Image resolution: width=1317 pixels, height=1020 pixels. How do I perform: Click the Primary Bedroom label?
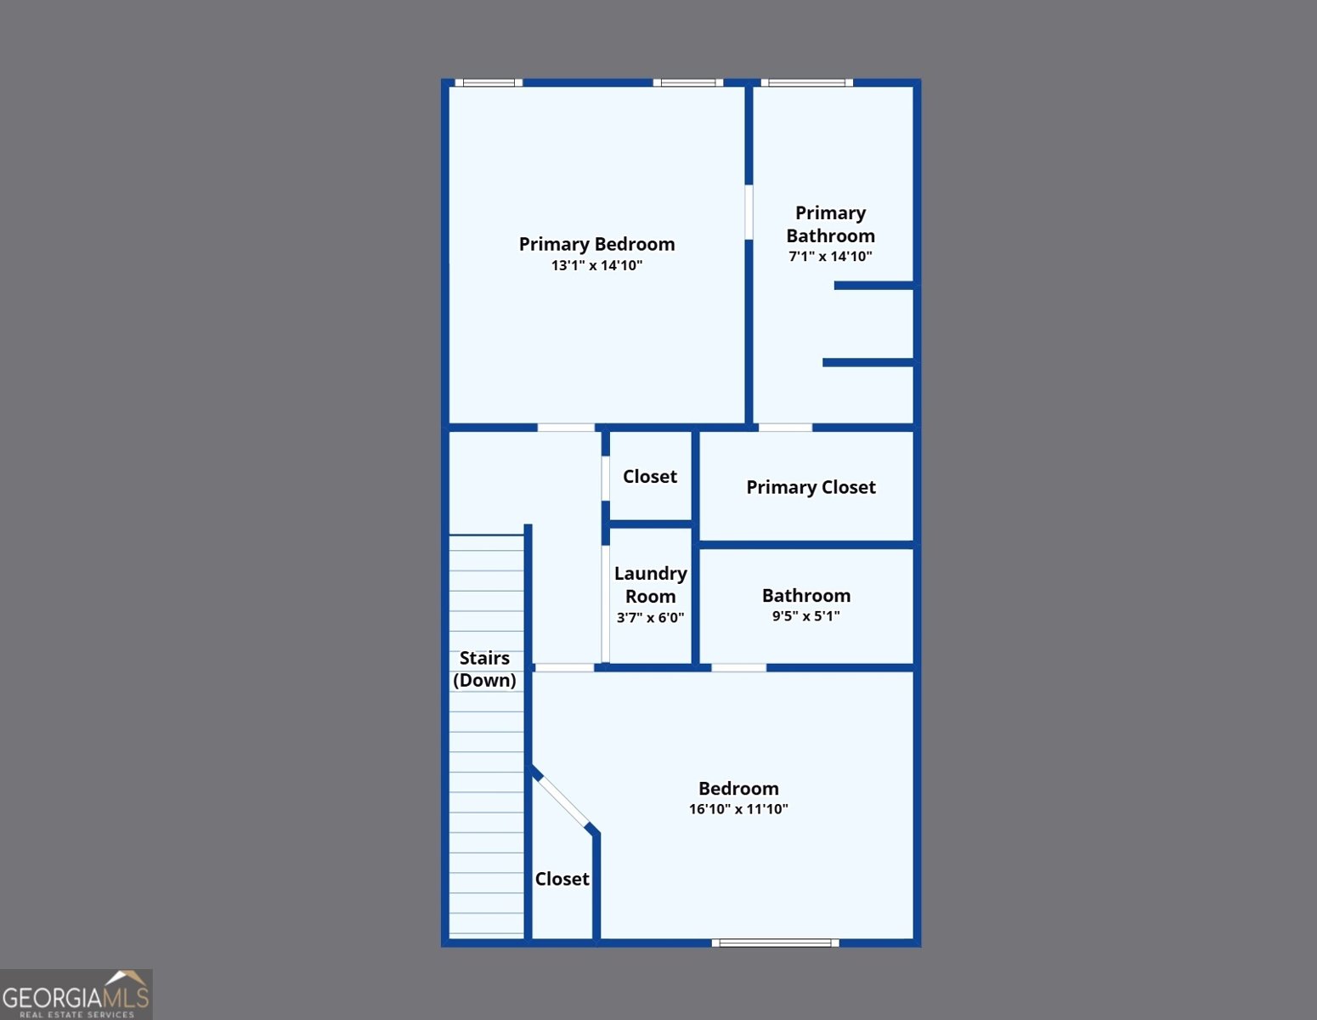click(596, 244)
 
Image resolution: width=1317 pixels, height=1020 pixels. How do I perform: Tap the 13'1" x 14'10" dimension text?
click(596, 265)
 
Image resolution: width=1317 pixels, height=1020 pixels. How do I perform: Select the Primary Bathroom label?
click(830, 224)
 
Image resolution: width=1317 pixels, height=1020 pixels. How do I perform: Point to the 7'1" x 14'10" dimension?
click(830, 257)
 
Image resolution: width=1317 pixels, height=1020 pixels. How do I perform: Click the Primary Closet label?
click(811, 487)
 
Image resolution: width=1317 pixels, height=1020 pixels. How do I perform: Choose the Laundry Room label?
click(650, 585)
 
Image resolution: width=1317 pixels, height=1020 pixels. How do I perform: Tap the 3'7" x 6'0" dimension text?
click(650, 618)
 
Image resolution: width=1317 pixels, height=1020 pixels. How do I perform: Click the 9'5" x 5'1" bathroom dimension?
click(806, 616)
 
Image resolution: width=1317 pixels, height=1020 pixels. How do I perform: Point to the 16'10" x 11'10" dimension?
click(738, 808)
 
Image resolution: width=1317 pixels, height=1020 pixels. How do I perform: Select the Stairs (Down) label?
click(484, 669)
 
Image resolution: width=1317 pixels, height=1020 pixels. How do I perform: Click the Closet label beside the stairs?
click(562, 879)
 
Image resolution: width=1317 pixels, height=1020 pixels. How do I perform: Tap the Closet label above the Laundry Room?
click(650, 476)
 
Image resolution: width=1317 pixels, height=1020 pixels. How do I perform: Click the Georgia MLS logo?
click(76, 994)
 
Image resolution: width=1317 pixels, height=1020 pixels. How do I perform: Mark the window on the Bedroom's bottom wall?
click(775, 943)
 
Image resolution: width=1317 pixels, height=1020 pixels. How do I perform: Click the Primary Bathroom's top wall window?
click(806, 82)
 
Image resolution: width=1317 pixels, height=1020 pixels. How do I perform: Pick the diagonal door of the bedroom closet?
click(563, 801)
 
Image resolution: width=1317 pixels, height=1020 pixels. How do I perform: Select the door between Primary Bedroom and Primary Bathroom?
click(749, 212)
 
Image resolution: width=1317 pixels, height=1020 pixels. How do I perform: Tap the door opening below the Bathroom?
click(738, 668)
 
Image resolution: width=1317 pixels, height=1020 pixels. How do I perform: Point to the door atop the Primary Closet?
click(785, 428)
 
